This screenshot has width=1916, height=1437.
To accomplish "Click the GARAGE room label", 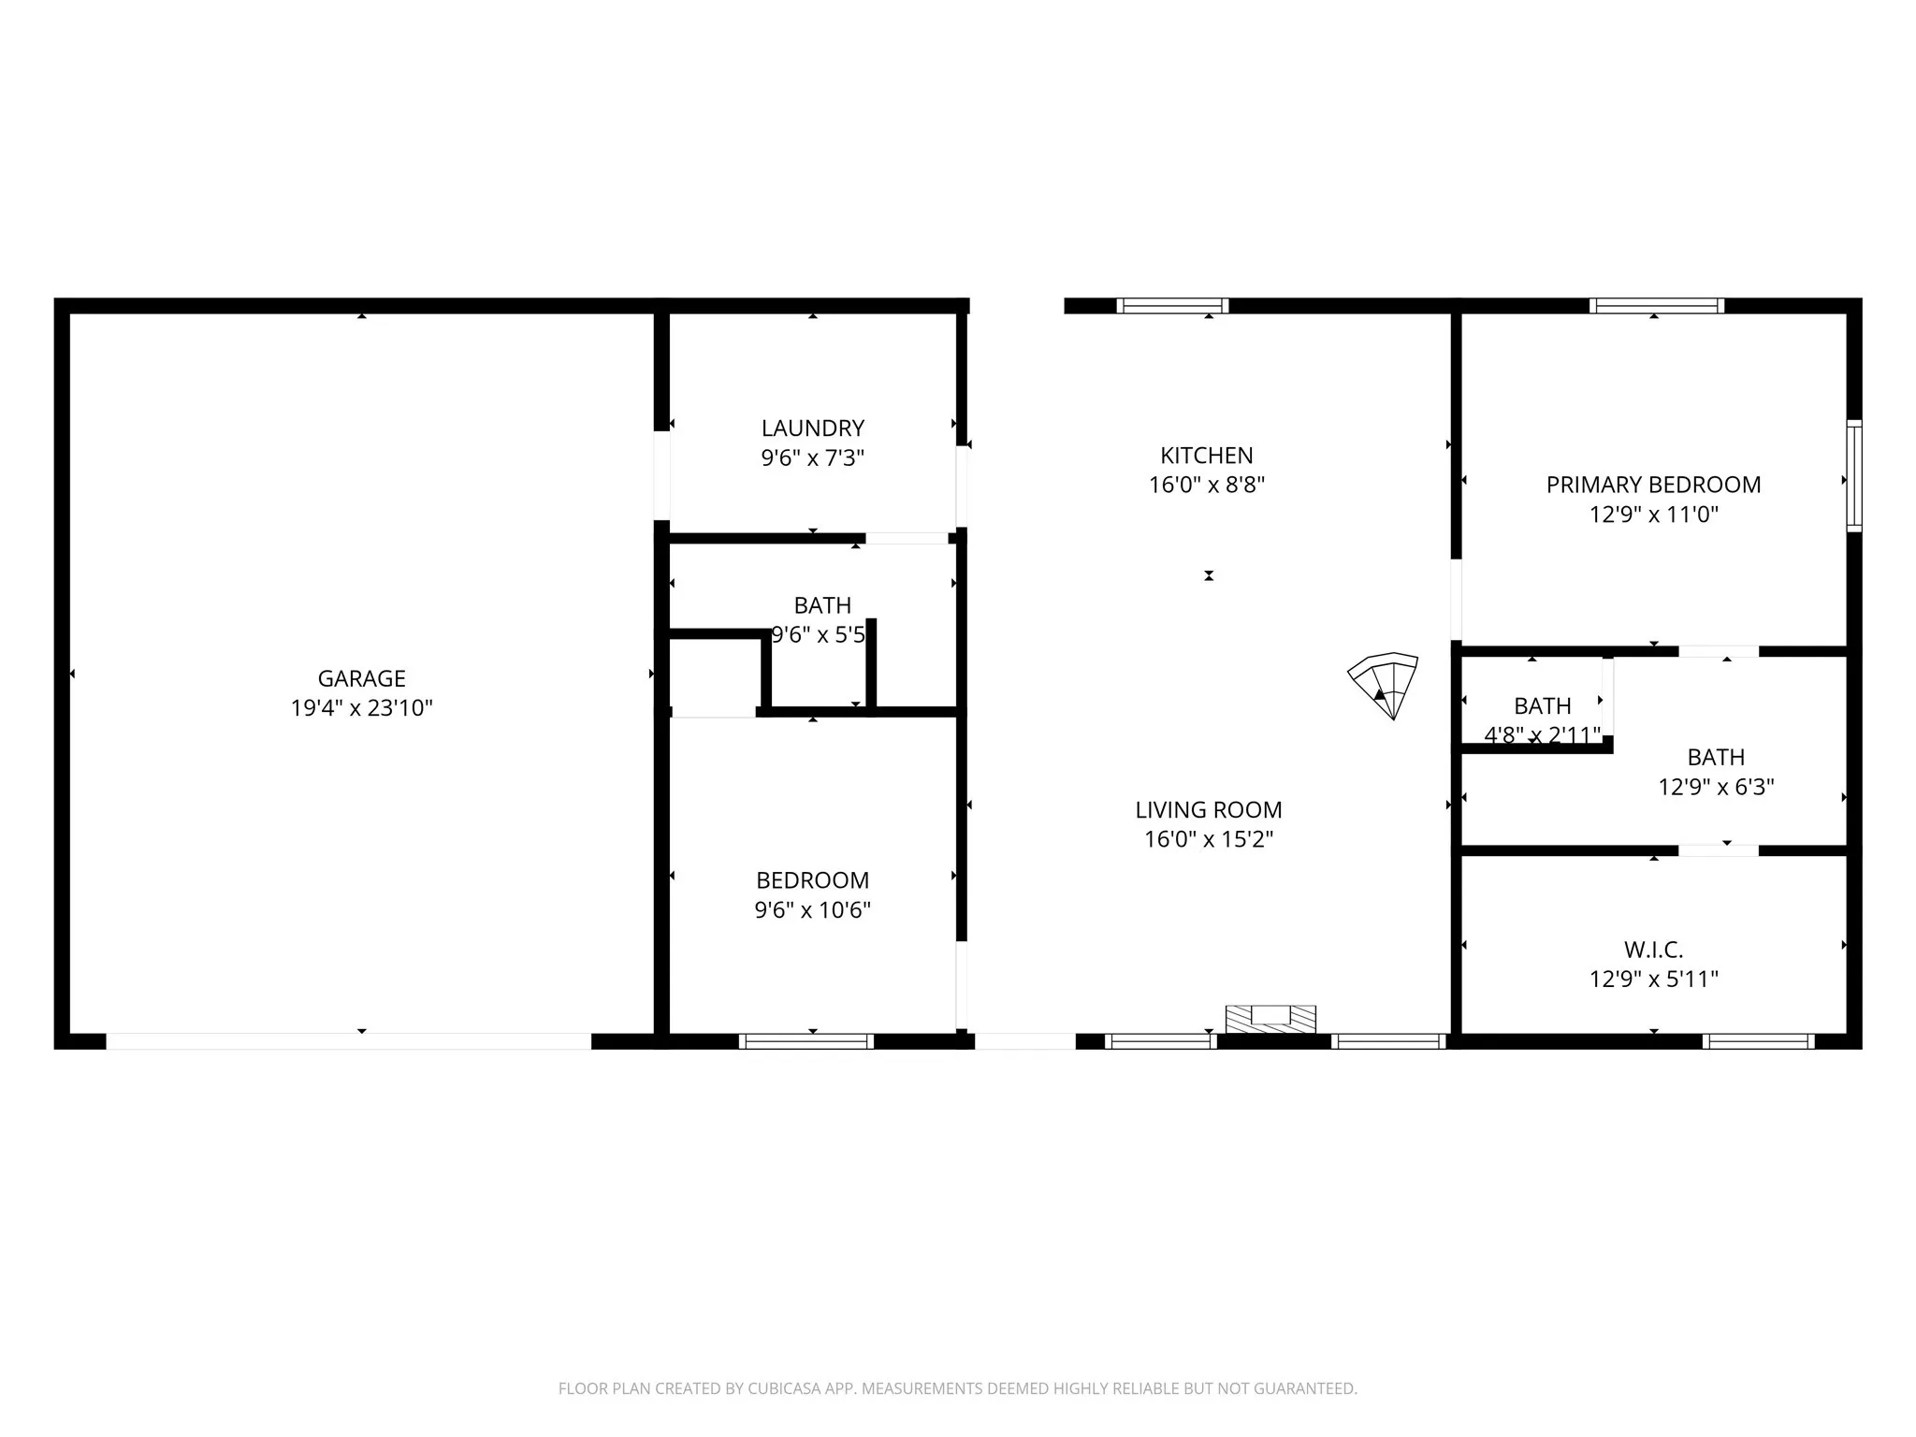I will coord(361,678).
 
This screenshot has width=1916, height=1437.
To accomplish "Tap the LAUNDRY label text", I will coord(812,428).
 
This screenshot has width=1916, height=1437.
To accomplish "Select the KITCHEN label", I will coord(1206,456).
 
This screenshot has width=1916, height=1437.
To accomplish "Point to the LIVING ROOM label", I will coord(1208,810).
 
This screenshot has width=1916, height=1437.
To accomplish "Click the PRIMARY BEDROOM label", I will coord(1653,485).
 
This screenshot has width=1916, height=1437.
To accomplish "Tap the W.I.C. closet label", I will coord(1653,951).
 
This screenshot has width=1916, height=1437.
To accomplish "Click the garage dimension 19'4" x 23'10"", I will coord(361,708).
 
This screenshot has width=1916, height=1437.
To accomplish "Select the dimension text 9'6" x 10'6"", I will coord(812,910).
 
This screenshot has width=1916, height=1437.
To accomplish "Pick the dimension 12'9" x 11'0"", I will coord(1653,515).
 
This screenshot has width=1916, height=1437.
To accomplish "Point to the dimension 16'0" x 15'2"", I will coord(1208,839).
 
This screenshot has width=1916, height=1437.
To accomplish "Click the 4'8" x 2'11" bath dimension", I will coord(1542,735).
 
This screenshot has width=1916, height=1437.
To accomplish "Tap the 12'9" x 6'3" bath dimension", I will coord(1716,787).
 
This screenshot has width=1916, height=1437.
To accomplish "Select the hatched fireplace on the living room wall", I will coord(1270,1019).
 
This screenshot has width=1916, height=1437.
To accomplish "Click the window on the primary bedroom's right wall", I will coord(1853,476).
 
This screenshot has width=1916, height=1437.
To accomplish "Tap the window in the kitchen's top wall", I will coord(1172,305).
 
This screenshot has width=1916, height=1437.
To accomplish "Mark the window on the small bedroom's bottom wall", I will coord(806,1041).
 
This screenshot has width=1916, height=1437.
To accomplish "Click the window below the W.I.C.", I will coord(1758,1041).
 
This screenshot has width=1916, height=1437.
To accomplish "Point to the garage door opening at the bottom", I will coord(348,1041).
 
